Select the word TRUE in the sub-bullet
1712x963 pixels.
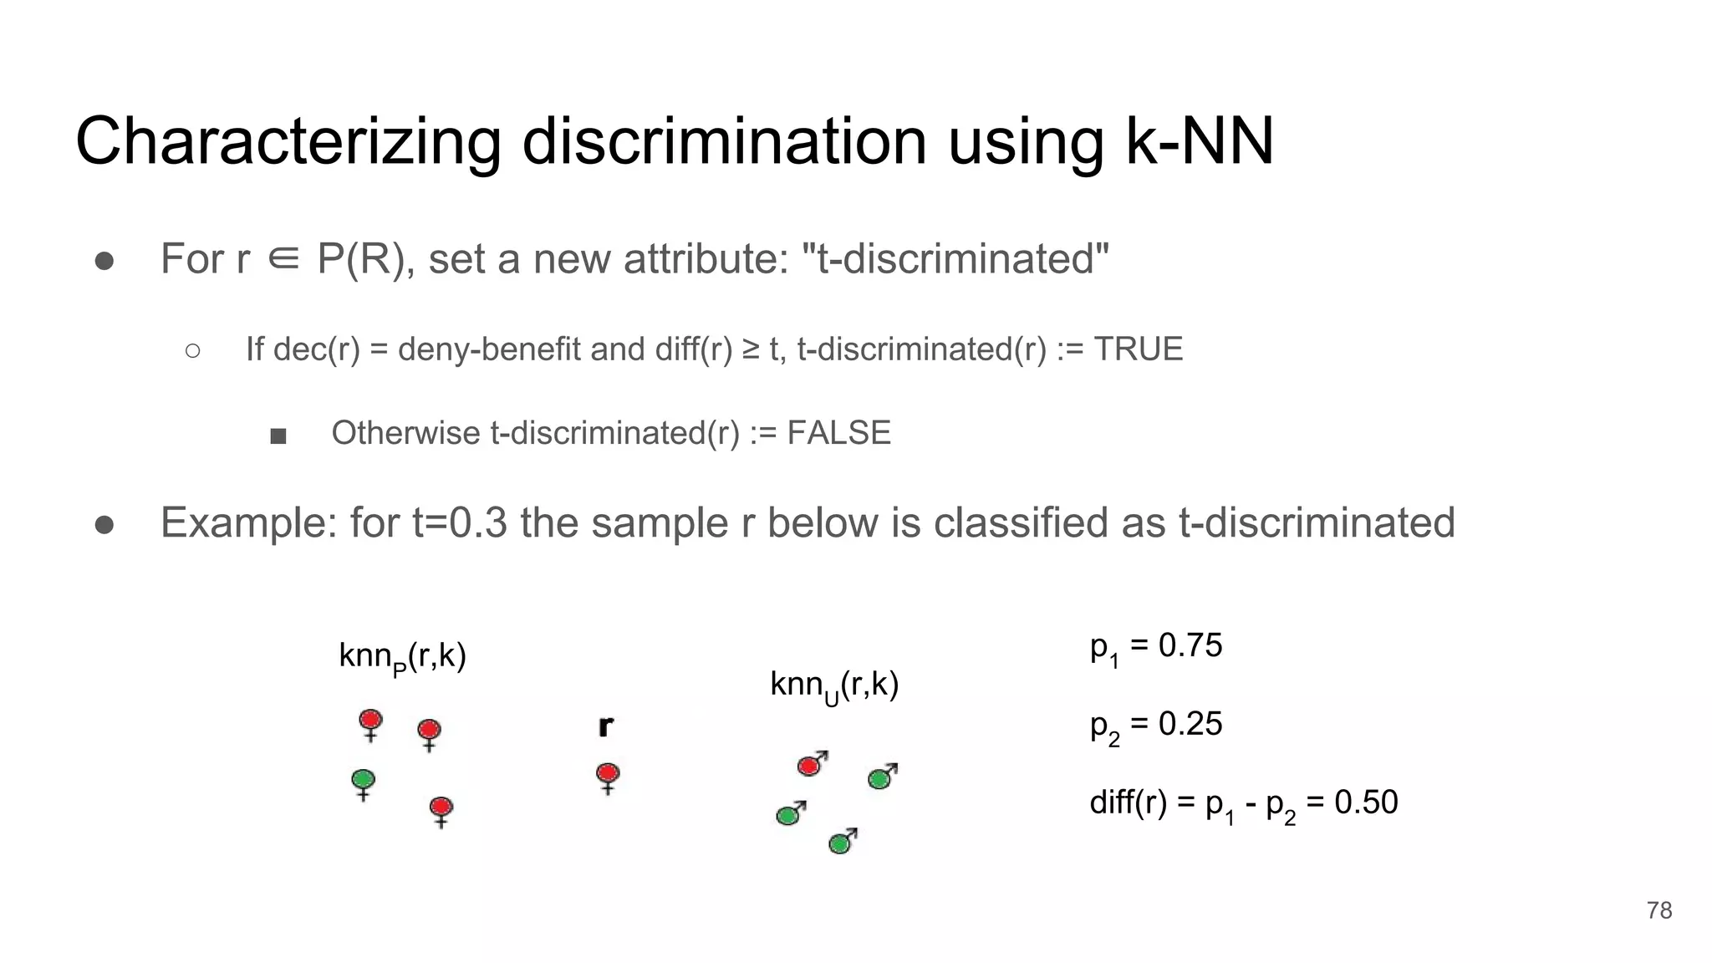coord(1138,349)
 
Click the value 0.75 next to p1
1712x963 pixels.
coord(1190,646)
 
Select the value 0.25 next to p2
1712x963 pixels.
coord(1190,724)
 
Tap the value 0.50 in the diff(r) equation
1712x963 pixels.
coord(1365,802)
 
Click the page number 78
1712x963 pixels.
coord(1658,910)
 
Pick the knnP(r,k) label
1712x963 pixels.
coord(402,657)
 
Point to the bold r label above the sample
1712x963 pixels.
coord(606,726)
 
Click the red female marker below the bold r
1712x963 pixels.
coord(608,775)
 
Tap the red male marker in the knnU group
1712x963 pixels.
coord(811,764)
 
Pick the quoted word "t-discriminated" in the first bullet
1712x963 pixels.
coord(955,258)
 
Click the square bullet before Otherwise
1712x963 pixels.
coord(278,436)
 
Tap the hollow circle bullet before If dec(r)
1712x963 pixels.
coord(192,351)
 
